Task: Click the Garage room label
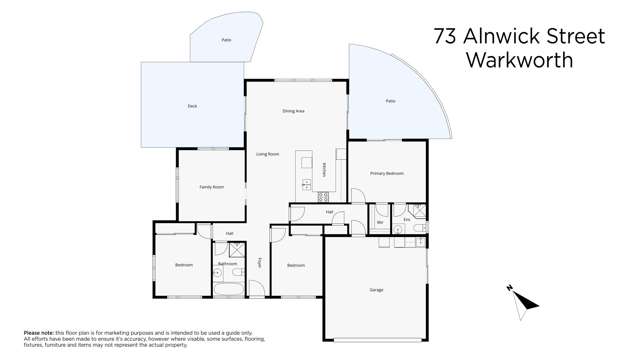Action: [x=376, y=290]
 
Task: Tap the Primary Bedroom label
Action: [x=387, y=174]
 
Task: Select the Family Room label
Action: [x=211, y=187]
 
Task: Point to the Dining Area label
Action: [x=293, y=111]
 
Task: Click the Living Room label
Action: [x=267, y=154]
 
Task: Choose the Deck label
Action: [x=191, y=105]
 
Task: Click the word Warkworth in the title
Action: [x=520, y=60]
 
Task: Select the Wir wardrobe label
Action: [x=380, y=222]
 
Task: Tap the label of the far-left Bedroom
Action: [x=184, y=265]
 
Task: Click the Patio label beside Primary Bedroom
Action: [x=390, y=101]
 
